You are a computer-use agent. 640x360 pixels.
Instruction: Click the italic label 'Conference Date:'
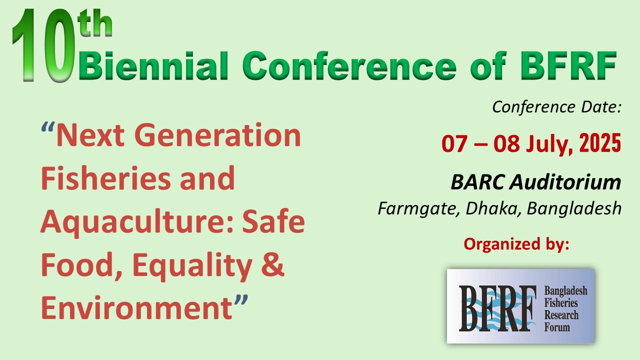pyautogui.click(x=557, y=107)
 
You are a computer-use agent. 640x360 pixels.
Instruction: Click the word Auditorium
pyautogui.click(x=565, y=182)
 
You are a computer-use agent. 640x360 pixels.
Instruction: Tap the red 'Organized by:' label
pyautogui.click(x=516, y=244)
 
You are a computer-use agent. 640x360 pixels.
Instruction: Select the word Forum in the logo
pyautogui.click(x=557, y=327)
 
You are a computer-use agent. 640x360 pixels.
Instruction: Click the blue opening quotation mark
pyautogui.click(x=47, y=127)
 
